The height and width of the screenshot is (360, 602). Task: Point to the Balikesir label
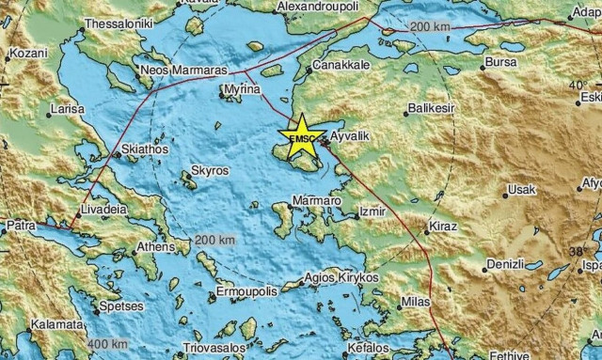431,111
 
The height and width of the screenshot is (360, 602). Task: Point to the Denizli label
501,265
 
